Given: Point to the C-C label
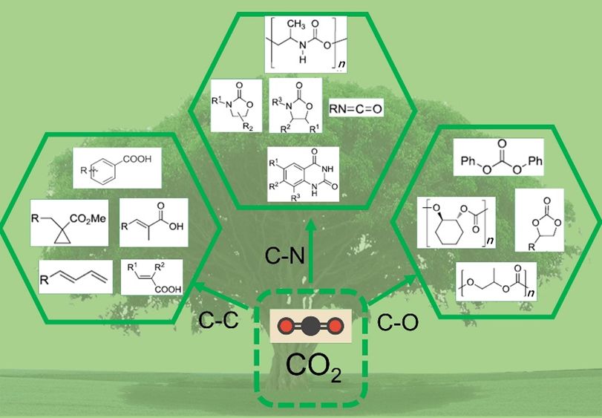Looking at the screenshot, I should pos(217,321).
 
